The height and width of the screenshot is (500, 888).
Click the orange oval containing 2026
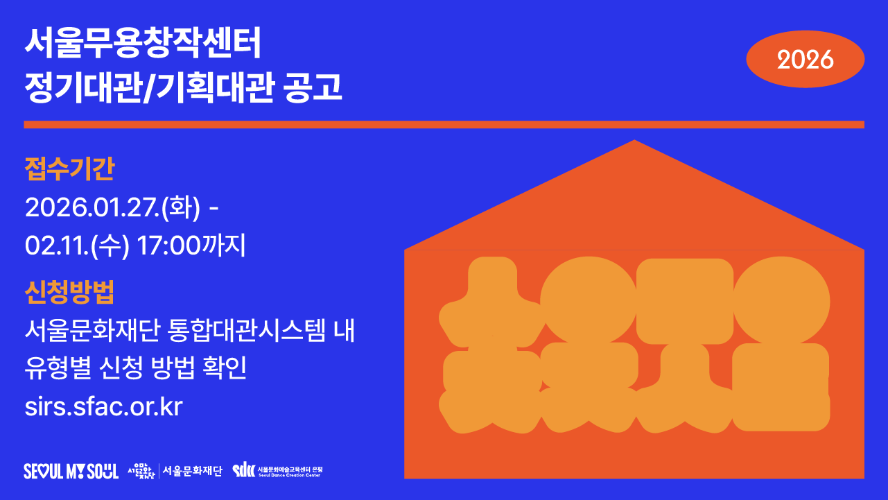pos(805,60)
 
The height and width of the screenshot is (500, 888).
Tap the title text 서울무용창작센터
pos(143,44)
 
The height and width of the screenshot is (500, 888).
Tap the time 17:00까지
pos(191,246)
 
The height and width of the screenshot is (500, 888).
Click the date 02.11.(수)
pos(77,246)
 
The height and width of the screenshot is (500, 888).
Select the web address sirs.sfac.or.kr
pos(103,407)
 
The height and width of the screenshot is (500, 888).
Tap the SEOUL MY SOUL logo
pos(71,471)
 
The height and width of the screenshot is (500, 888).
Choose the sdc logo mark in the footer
pos(244,471)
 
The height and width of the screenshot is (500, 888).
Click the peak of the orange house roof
pos(634,141)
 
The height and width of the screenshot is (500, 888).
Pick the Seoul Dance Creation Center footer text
pos(290,475)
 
